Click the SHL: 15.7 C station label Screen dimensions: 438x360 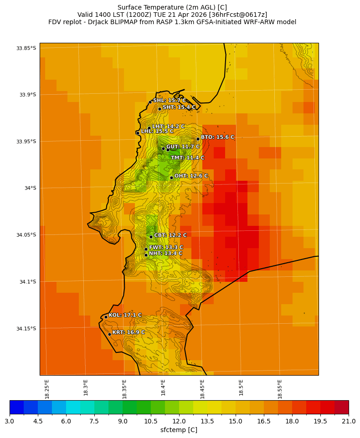pos(169,101)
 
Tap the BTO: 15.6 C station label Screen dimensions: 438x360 pos(217,137)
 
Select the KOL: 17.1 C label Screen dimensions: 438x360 pos(125,315)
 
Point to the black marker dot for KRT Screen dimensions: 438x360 pos(109,334)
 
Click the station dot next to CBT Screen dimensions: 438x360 pos(151,237)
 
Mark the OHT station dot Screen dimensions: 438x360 pos(171,178)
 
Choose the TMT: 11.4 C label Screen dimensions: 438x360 pos(187,158)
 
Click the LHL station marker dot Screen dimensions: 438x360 pos(138,133)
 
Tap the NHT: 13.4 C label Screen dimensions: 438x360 pos(165,254)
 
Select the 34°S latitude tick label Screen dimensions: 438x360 pos(30,188)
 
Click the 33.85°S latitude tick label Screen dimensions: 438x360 pos(26,48)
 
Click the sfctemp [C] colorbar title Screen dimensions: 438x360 pos(179,430)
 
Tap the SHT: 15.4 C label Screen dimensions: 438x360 pos(179,107)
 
